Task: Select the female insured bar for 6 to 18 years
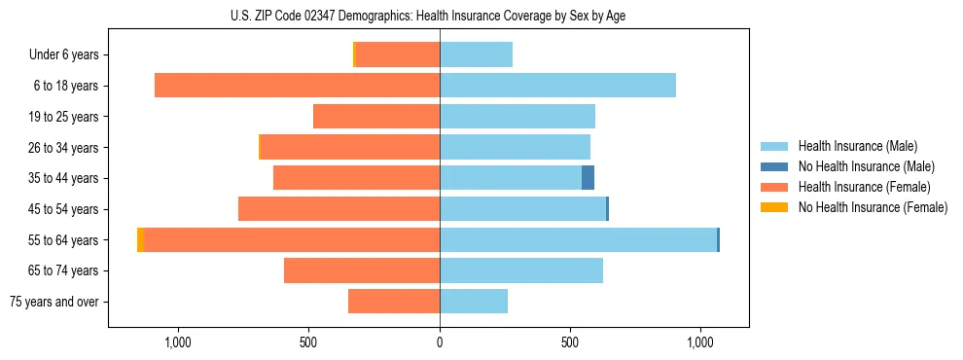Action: pyautogui.click(x=297, y=86)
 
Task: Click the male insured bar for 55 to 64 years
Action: pyautogui.click(x=578, y=240)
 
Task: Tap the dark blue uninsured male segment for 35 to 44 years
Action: pyautogui.click(x=588, y=178)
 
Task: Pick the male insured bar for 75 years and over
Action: pyautogui.click(x=474, y=302)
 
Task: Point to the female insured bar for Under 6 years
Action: pyautogui.click(x=398, y=54)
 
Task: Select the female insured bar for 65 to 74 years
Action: pyautogui.click(x=362, y=270)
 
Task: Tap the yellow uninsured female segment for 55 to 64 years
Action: pyautogui.click(x=141, y=240)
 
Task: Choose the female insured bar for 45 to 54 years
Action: pyautogui.click(x=339, y=209)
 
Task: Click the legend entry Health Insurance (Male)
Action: pyautogui.click(x=857, y=146)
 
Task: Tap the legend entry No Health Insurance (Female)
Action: pyautogui.click(x=873, y=207)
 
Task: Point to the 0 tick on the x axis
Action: pyautogui.click(x=440, y=342)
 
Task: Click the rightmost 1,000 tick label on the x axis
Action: pyautogui.click(x=700, y=342)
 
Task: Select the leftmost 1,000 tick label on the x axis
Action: pyautogui.click(x=178, y=342)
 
